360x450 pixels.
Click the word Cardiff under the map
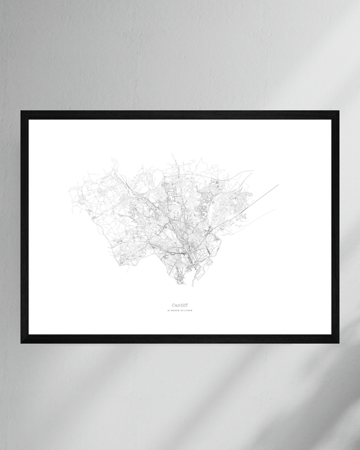point(180,304)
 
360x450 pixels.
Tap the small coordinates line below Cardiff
point(180,311)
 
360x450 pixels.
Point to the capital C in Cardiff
point(173,304)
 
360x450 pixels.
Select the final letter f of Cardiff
point(186,304)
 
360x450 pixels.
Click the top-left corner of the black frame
point(22,111)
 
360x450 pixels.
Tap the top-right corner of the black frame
point(338,111)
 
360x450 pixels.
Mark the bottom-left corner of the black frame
point(22,342)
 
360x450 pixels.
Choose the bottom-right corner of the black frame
point(338,342)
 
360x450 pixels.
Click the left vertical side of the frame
point(24,227)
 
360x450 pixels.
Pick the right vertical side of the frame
point(335,227)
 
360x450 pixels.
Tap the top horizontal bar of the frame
point(180,115)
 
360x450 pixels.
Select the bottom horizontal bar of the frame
point(180,339)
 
